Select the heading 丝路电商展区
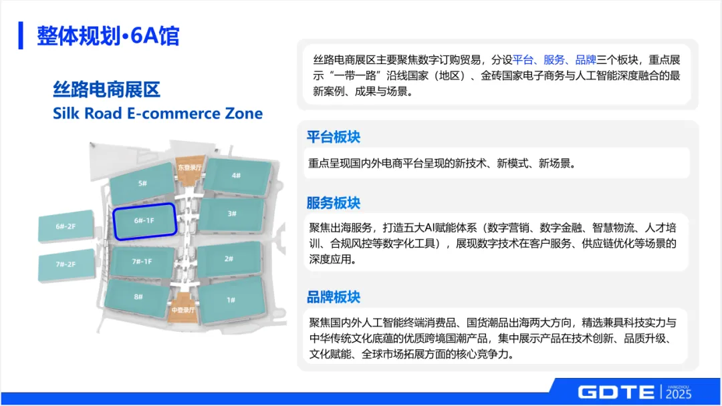106,89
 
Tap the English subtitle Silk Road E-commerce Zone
158,113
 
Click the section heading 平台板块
334,137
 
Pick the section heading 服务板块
334,202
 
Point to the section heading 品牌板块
334,296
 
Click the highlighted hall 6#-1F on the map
144,221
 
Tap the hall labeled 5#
142,184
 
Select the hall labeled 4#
236,176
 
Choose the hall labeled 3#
231,214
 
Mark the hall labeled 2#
229,258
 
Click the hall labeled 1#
231,300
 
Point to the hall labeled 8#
138,297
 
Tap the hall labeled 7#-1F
142,261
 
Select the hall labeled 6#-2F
66,227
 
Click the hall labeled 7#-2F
66,264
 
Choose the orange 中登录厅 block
182,311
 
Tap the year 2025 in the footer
679,394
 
